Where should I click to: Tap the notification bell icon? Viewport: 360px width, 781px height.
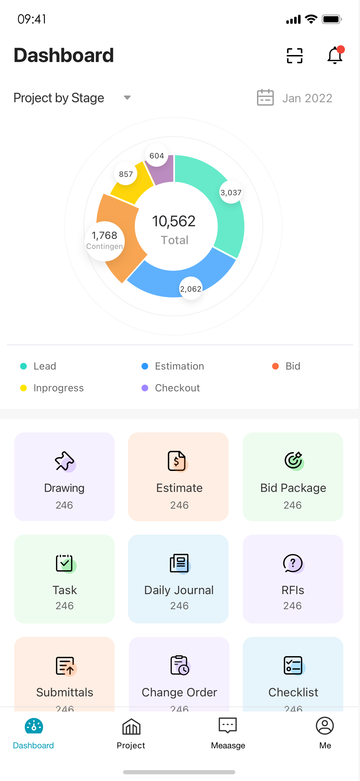[x=335, y=56]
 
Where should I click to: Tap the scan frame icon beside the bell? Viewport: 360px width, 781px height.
[x=294, y=56]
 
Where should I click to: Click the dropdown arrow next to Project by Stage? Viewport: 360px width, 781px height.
[x=127, y=98]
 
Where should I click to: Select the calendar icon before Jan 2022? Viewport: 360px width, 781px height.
[x=265, y=98]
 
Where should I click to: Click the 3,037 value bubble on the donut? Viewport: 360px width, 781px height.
[x=231, y=192]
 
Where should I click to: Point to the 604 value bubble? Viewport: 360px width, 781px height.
[x=157, y=156]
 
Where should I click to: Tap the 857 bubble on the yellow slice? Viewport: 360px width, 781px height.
[x=126, y=174]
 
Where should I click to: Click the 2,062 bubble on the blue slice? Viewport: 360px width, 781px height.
[x=191, y=289]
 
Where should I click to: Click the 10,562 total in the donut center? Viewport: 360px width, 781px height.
[x=174, y=221]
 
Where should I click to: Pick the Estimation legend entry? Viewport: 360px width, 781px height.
[x=179, y=366]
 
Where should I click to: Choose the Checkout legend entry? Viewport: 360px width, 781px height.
[x=177, y=388]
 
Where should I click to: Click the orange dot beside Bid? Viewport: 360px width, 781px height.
[x=275, y=366]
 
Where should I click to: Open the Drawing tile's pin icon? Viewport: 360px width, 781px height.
[x=64, y=461]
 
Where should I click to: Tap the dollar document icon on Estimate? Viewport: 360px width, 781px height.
[x=177, y=461]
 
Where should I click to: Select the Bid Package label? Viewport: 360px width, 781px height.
[x=293, y=488]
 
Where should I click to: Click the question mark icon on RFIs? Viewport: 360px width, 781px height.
[x=293, y=563]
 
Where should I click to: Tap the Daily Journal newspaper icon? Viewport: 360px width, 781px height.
[x=179, y=563]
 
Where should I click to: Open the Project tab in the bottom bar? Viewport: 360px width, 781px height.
[x=131, y=732]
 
